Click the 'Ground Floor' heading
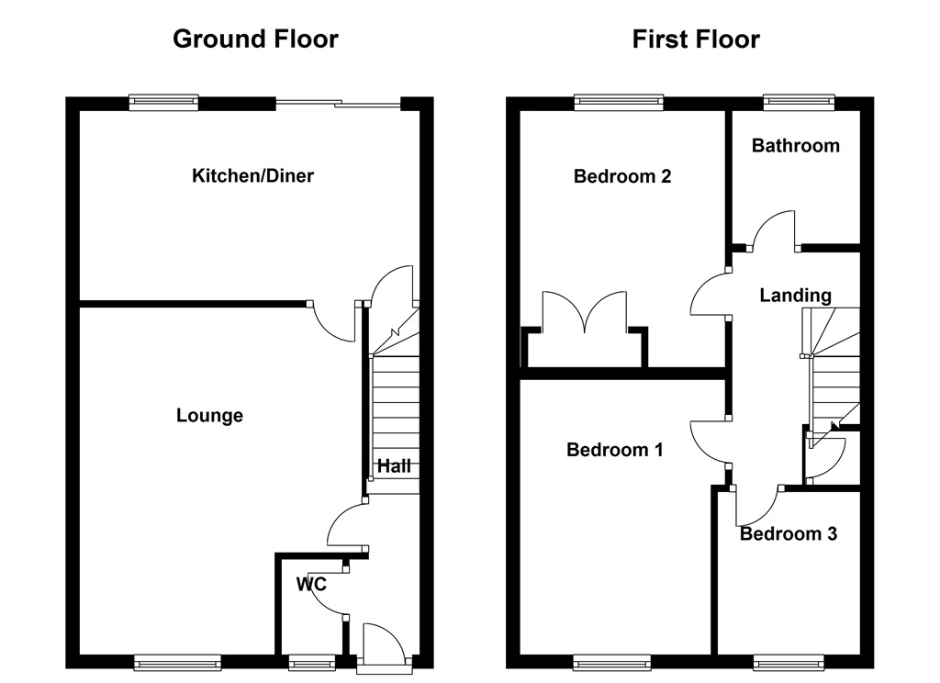click(255, 39)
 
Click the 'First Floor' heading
click(696, 39)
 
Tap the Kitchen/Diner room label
click(252, 175)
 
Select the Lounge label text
click(209, 416)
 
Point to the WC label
click(311, 584)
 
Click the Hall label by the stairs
click(394, 466)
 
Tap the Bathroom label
click(795, 145)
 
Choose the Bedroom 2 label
click(622, 175)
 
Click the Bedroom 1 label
click(615, 450)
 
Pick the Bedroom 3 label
click(789, 533)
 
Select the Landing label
click(796, 295)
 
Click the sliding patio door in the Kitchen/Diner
click(340, 105)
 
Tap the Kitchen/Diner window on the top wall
click(164, 103)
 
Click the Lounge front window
click(177, 661)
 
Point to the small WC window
click(311, 661)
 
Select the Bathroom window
click(799, 103)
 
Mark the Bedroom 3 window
click(789, 661)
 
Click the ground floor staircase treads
click(395, 404)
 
